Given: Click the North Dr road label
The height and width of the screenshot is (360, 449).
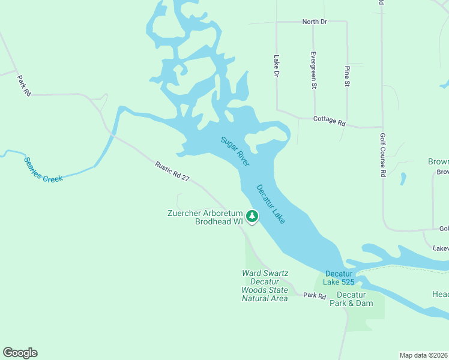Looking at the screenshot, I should click(x=315, y=22).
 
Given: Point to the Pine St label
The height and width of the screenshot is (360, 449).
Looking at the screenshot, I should click(x=347, y=76).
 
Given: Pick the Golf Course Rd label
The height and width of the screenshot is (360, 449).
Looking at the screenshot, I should click(x=382, y=155).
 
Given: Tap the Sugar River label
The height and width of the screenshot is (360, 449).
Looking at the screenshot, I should click(x=235, y=151).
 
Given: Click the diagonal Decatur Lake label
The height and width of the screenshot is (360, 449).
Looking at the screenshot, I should click(x=270, y=204).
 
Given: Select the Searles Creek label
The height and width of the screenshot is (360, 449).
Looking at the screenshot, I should click(x=43, y=170).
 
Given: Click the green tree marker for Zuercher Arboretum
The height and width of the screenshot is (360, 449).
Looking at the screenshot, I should click(x=253, y=215).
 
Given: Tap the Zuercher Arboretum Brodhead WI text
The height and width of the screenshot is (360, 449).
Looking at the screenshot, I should click(x=206, y=217).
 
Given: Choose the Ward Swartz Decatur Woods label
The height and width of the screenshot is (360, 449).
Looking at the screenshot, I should click(x=264, y=285).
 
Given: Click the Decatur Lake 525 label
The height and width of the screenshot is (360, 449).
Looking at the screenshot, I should click(x=340, y=278).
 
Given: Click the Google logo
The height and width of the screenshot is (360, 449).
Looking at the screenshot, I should click(x=20, y=353).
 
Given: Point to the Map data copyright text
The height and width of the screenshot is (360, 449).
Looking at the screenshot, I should click(x=423, y=355).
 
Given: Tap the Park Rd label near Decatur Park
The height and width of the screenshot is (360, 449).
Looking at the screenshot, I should click(x=314, y=295).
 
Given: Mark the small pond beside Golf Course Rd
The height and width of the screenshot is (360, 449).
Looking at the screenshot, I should click(x=402, y=179).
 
